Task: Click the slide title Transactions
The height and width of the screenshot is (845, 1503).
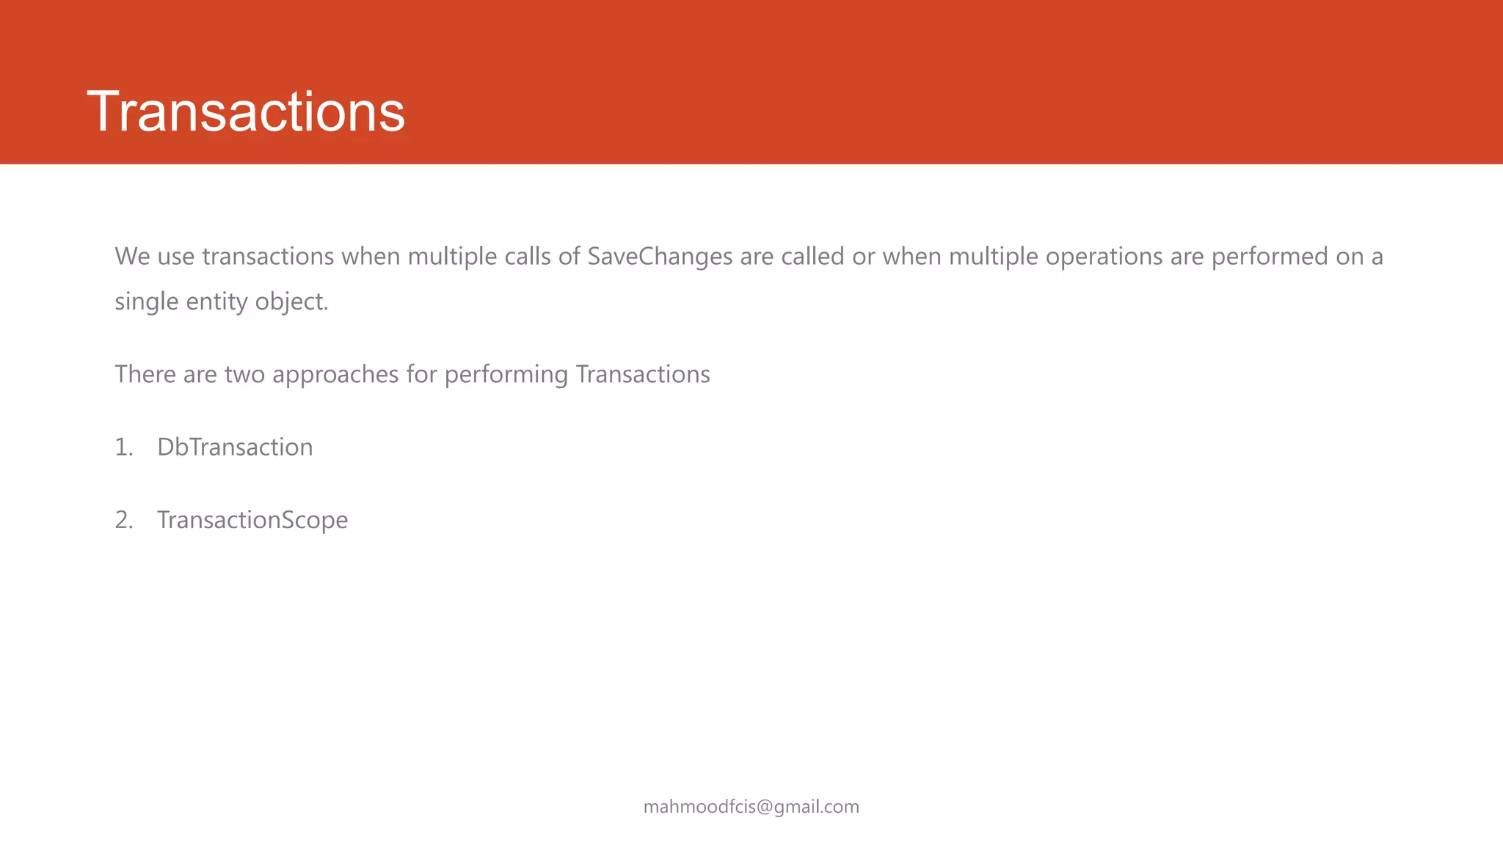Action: coord(246,111)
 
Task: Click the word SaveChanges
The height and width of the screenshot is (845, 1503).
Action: coord(660,256)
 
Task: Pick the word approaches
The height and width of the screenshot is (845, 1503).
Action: coord(335,375)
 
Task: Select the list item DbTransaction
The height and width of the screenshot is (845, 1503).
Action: coord(235,447)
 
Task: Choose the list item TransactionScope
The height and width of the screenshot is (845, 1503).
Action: coord(252,520)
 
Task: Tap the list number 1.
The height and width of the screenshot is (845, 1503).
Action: coord(123,447)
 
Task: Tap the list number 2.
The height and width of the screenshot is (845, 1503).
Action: coord(123,520)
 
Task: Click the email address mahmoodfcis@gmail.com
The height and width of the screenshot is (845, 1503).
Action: coord(751,807)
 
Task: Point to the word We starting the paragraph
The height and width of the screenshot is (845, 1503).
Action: coord(132,256)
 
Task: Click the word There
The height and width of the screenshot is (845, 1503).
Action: coord(145,375)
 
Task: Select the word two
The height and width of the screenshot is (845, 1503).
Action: coord(244,375)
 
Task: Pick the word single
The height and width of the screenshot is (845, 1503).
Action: coord(147,301)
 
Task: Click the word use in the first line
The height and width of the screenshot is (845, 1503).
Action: coord(176,256)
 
